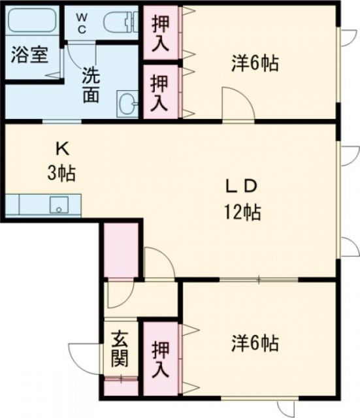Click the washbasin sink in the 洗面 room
(127, 103)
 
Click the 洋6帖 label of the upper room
(255, 64)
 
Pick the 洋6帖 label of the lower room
(255, 342)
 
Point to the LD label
(241, 186)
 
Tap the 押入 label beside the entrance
(160, 359)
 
